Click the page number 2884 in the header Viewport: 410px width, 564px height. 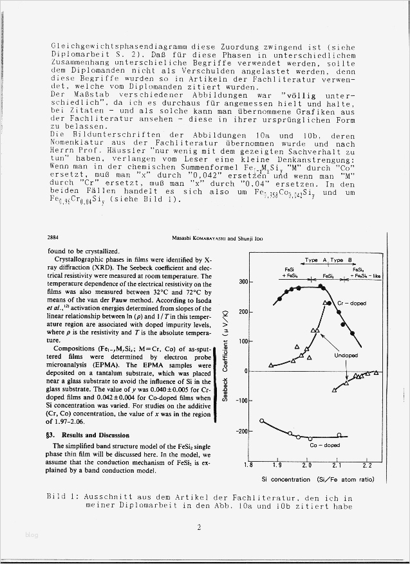coord(55,237)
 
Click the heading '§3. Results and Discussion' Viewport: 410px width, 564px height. coord(87,435)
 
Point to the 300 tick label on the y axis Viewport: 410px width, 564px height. coord(242,282)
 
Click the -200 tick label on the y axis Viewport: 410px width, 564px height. coord(241,431)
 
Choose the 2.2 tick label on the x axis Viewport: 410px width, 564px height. coord(368,465)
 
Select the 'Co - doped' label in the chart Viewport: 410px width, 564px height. coord(324,445)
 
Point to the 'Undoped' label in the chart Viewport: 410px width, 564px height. coord(346,355)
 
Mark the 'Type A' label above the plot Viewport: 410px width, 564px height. coord(315,260)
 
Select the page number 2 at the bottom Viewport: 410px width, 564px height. coord(199,527)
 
